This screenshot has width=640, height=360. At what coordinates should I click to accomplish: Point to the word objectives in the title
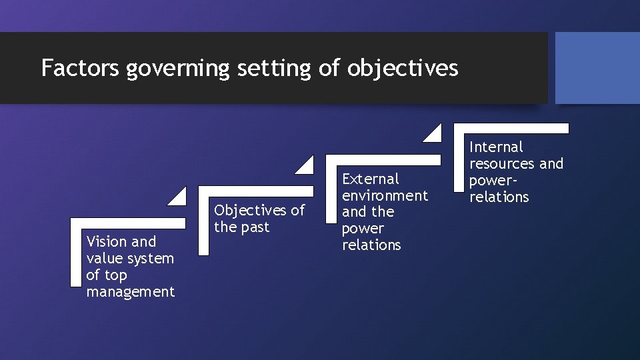point(403,68)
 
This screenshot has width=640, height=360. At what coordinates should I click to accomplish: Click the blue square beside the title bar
point(597,68)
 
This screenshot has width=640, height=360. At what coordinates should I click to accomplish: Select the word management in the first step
point(131,292)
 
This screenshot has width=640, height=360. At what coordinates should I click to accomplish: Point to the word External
point(371,179)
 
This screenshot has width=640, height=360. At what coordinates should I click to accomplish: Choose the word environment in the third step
point(385,195)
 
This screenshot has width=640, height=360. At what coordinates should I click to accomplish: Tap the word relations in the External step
point(371,245)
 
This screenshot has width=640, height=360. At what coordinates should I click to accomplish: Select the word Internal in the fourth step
point(497,147)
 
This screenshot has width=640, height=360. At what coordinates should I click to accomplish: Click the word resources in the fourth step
point(503,163)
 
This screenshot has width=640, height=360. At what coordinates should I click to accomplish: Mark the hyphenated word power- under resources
point(494,181)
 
